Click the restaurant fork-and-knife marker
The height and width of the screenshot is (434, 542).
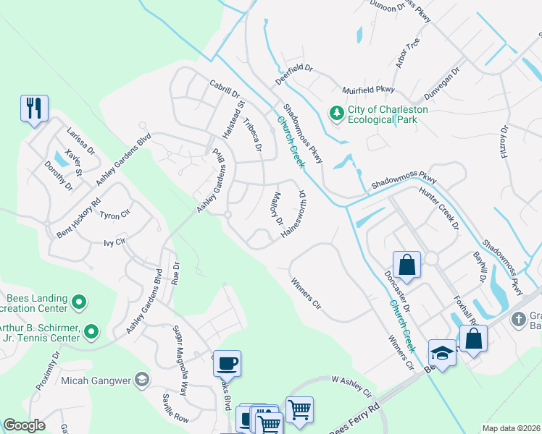(34, 109)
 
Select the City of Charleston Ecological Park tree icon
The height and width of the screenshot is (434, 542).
(336, 113)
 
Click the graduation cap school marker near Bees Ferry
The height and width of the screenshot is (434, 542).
(442, 352)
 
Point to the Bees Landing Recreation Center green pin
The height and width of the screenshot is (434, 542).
(80, 302)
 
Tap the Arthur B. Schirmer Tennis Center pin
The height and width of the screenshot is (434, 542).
(91, 332)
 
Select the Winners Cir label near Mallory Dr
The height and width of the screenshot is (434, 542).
(305, 293)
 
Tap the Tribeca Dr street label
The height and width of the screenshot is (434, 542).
(253, 135)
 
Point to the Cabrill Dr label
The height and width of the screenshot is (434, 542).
(224, 89)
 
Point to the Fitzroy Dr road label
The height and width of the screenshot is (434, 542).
(504, 132)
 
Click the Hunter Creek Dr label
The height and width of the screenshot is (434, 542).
(439, 208)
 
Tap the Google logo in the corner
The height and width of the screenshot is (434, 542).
(25, 425)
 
